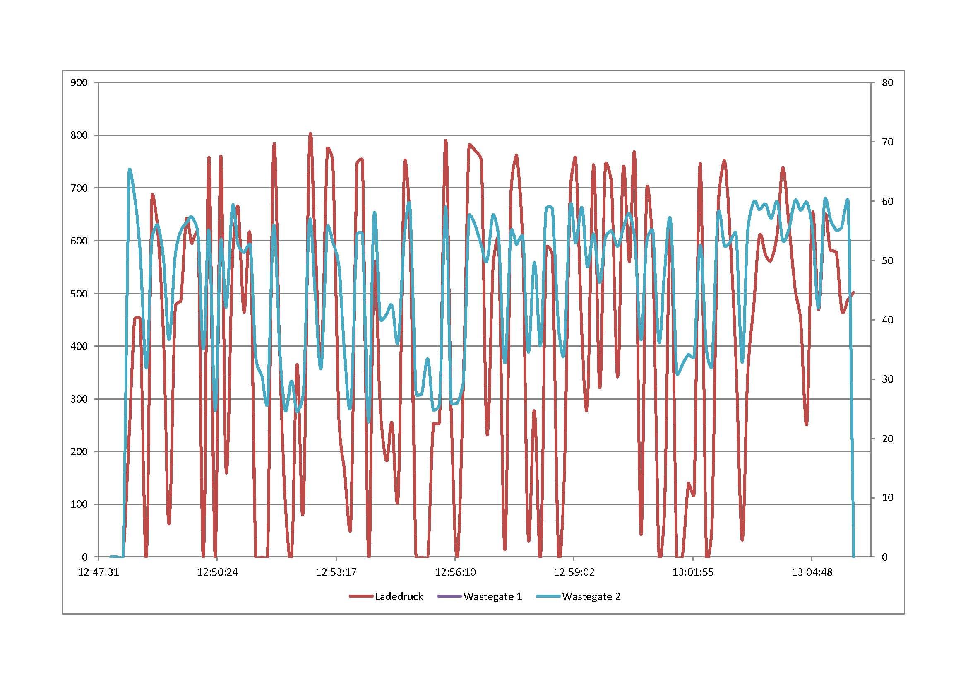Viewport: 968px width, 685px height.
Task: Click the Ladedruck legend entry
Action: click(x=399, y=596)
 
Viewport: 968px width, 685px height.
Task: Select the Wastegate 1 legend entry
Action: click(x=492, y=596)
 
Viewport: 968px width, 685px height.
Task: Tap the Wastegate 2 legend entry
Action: click(x=591, y=596)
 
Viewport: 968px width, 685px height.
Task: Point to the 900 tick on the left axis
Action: click(x=79, y=83)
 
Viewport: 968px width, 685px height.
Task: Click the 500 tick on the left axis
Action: click(x=79, y=294)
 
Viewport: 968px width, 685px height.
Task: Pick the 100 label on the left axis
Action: click(x=79, y=504)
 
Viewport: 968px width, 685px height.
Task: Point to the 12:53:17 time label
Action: click(x=336, y=572)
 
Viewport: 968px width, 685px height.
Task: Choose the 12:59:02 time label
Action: click(x=574, y=572)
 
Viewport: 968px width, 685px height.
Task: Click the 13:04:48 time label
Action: click(x=812, y=572)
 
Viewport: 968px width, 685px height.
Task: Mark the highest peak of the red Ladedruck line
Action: click(x=310, y=134)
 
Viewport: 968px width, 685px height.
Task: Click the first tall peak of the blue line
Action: click(x=130, y=169)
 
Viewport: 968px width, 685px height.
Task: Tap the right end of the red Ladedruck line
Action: click(x=854, y=292)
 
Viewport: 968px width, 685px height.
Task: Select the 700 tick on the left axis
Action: click(x=79, y=188)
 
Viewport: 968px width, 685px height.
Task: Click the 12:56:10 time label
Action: click(x=455, y=572)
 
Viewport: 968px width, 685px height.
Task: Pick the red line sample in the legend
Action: click(x=362, y=596)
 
